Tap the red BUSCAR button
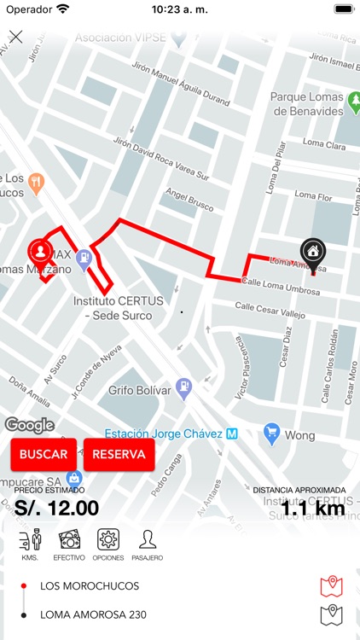point(44,454)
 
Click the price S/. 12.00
point(56,508)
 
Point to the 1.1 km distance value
point(312,509)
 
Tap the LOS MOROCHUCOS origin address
point(90,586)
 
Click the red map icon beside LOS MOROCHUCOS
point(331,586)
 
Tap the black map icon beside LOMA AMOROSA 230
point(331,614)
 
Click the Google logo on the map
point(30,425)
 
